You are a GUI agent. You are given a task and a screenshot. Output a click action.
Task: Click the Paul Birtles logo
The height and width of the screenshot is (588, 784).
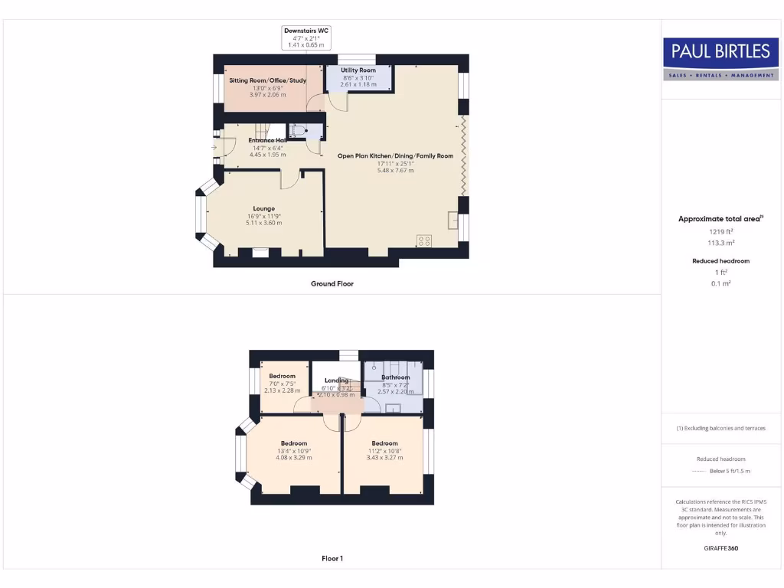pos(720,59)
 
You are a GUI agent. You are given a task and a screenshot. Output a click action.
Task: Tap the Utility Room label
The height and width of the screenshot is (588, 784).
pos(358,70)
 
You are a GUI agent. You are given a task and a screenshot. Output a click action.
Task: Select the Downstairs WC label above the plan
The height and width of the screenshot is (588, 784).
pos(305,30)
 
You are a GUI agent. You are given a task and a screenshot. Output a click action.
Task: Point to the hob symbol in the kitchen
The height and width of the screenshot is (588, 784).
pos(424,240)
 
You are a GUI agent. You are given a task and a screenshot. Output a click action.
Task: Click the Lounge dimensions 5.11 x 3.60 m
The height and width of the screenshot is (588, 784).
pos(264,223)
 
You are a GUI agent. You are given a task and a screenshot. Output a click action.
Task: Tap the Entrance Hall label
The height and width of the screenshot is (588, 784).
pos(267,141)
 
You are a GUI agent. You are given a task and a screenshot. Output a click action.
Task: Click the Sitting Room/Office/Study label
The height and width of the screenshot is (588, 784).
pos(257,80)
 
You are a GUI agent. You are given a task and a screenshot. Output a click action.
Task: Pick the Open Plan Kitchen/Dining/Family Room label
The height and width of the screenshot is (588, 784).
pos(395,156)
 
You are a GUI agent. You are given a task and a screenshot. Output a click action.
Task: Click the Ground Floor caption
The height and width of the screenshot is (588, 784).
pos(332,283)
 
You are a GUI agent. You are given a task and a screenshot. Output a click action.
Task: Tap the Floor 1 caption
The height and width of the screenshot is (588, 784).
pos(332,558)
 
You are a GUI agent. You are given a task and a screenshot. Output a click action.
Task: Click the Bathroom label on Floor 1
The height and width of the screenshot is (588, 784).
pos(395,377)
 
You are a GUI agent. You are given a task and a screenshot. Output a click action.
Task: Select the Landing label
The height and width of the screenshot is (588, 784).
pos(336,381)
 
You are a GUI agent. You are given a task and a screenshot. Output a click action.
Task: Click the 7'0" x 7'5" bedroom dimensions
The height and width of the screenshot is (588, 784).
pos(282,384)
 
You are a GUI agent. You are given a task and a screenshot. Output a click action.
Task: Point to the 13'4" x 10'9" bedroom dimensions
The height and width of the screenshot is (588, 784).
pos(293,451)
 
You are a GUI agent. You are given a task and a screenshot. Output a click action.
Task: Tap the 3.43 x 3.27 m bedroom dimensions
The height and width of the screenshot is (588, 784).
pos(384,458)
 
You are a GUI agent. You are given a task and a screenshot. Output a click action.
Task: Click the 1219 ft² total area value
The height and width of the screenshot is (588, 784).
pos(720,231)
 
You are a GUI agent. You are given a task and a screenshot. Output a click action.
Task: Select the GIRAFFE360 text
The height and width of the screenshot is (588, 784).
pos(720,548)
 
